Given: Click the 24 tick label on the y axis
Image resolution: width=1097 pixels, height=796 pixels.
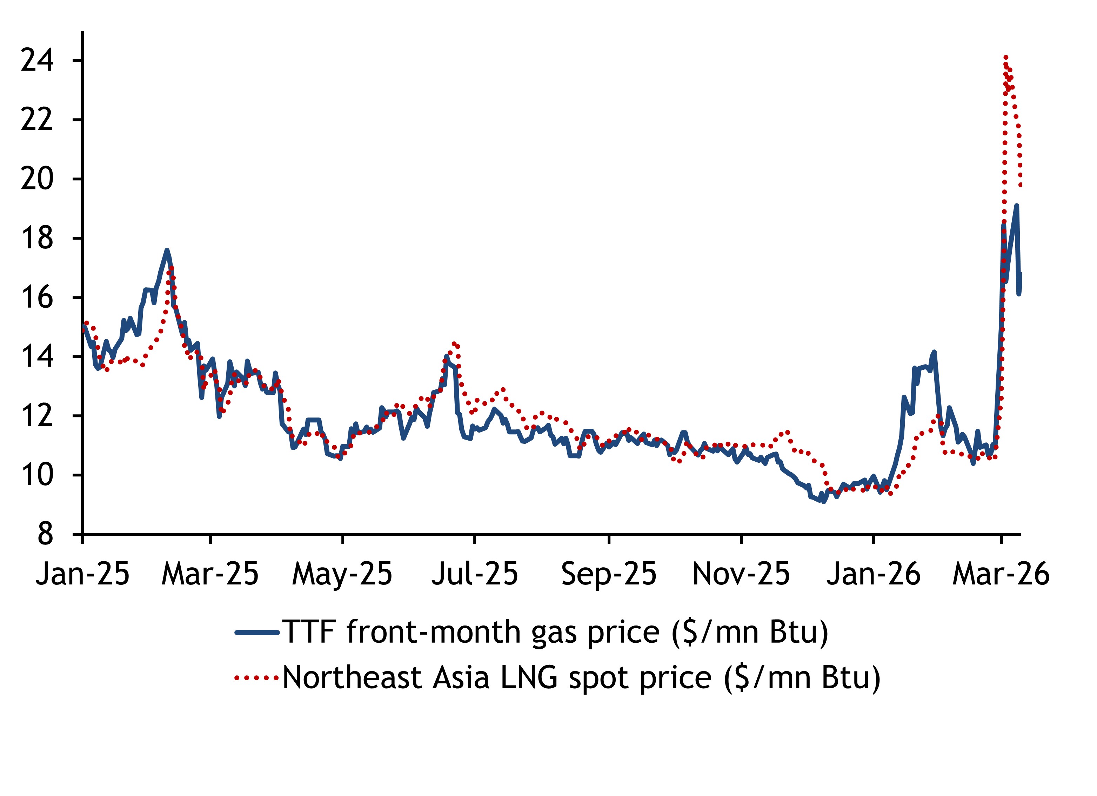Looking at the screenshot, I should tap(37, 61).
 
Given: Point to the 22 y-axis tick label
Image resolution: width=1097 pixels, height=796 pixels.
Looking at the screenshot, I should tap(37, 120).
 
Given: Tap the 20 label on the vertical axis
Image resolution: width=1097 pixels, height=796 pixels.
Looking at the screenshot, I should tap(37, 179).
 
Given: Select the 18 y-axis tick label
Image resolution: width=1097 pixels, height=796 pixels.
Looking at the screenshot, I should tap(37, 239).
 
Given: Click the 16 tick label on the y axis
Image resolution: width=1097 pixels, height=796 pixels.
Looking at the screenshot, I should tap(37, 298).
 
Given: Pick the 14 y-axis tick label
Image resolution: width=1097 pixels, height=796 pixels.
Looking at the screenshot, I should tap(37, 357).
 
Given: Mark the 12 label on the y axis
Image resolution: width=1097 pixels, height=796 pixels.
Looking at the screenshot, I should tap(37, 416).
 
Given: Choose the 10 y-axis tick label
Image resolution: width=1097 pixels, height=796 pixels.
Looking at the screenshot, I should tap(37, 476).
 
